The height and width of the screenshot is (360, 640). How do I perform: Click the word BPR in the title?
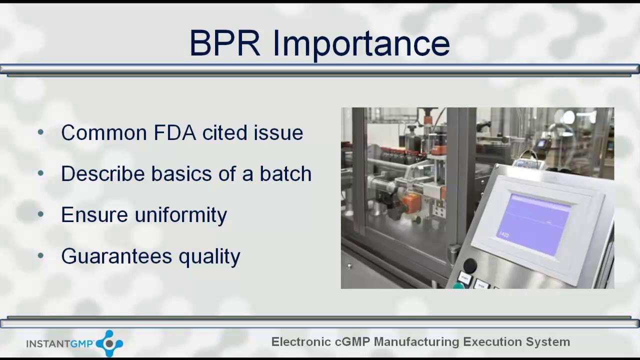point(224,43)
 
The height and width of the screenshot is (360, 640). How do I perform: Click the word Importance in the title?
point(361,44)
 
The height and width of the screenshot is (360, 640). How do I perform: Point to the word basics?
point(182,174)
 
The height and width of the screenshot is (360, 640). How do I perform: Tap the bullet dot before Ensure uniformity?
point(41,215)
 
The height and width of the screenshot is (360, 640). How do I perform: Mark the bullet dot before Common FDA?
point(41,132)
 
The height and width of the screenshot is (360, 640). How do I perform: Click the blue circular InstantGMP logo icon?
point(109,343)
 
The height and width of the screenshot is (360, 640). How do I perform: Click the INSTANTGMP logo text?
point(59,344)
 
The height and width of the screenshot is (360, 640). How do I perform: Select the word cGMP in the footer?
point(352,342)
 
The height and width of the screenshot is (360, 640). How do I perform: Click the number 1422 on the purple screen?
point(503,234)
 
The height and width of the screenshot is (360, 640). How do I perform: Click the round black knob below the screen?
point(470,265)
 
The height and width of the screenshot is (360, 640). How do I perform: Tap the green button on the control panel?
point(458,286)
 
